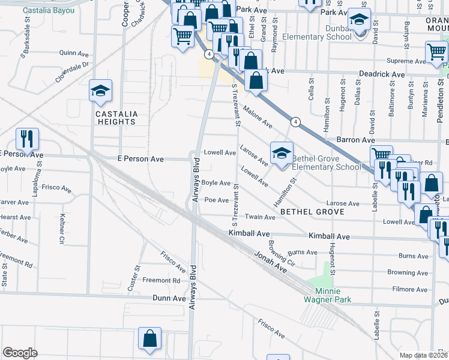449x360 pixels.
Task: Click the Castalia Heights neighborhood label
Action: pos(115,118)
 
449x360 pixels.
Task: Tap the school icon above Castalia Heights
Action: pos(100,92)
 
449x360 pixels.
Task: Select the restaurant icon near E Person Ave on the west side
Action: pos(27,140)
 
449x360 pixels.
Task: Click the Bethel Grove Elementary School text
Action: pos(327,163)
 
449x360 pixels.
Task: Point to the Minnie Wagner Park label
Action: pos(328,295)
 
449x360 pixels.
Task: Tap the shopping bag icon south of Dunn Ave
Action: pos(150,338)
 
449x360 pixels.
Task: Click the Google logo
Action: pos(20,353)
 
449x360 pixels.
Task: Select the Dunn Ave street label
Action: pos(170,298)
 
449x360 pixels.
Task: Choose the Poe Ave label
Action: pos(217,200)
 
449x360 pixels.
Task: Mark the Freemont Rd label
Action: pos(161,280)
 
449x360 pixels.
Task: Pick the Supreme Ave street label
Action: pos(404,61)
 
